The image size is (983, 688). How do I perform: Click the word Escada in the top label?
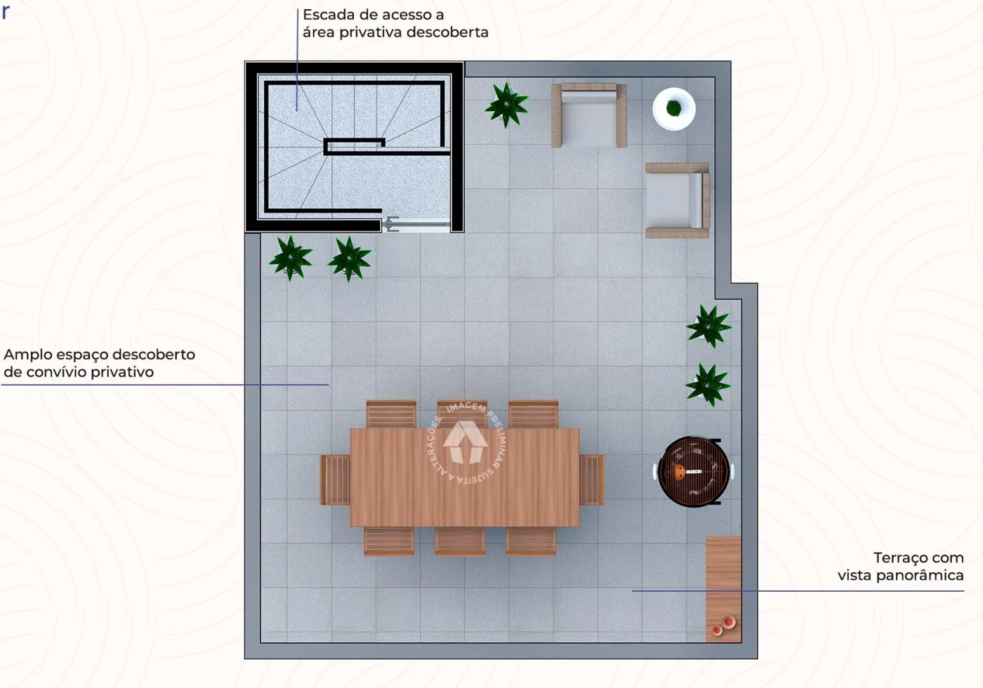pos(329,15)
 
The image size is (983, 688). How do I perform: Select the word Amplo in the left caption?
pos(27,355)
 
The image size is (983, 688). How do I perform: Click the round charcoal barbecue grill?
pos(694,471)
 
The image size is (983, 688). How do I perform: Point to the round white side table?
pos(674,109)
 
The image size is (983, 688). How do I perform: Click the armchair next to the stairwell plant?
pos(589,115)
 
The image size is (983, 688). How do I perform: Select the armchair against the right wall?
pos(678,201)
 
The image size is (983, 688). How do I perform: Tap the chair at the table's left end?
pos(336,479)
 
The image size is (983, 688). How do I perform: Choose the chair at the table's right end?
pos(591,479)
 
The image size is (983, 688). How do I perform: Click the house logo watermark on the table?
pos(466,442)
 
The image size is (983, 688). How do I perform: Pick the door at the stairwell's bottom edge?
pos(416,225)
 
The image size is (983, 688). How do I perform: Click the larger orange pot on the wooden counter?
pos(728,621)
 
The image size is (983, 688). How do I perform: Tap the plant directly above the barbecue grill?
pos(708,385)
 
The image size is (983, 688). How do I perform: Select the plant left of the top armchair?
pos(506,105)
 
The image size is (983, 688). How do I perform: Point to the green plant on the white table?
pos(673,107)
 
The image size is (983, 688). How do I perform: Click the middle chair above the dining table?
pos(462,414)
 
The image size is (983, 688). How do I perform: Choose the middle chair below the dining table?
pos(460,541)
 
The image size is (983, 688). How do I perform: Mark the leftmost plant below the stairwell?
pos(291,258)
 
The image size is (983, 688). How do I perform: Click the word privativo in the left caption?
pos(122,373)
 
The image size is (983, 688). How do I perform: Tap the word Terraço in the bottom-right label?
pos(896,558)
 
